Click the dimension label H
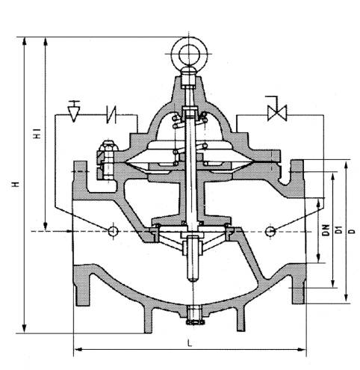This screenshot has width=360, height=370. point(16,185)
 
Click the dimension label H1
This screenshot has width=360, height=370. point(37,133)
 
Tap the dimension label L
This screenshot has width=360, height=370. point(190,343)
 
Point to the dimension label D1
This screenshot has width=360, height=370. point(338,230)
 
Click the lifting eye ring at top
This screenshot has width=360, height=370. point(189,54)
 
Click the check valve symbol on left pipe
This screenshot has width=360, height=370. point(111,114)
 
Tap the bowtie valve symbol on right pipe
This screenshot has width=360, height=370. point(277,113)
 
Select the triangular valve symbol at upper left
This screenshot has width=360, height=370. point(74,112)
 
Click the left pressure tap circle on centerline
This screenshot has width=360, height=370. point(114,232)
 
